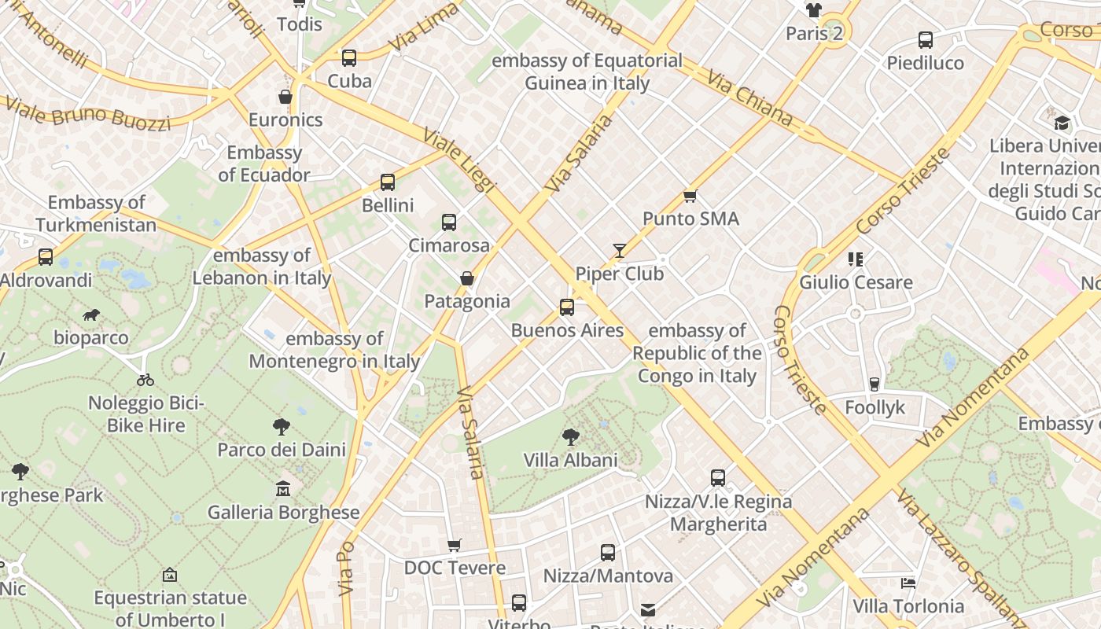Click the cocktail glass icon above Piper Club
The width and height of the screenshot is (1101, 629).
click(x=620, y=251)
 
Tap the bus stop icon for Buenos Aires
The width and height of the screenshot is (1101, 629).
click(x=567, y=307)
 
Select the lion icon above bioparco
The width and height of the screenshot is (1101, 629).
click(x=91, y=315)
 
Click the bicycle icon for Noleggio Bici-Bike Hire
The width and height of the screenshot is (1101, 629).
click(x=145, y=380)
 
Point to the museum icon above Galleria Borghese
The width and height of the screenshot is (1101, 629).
click(x=283, y=489)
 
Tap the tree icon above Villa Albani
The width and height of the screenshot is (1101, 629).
click(x=571, y=437)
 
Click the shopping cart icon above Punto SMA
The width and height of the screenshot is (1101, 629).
click(x=690, y=196)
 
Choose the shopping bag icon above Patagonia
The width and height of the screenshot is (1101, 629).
click(x=467, y=278)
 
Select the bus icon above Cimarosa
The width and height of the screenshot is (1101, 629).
click(x=449, y=223)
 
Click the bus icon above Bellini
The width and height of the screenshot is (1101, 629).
click(x=388, y=182)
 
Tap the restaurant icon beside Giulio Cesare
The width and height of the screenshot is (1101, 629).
click(x=856, y=259)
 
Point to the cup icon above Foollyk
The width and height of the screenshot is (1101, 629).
click(x=875, y=384)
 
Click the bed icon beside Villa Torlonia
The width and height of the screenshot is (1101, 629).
click(x=908, y=583)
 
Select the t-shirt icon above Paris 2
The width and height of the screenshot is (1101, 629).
click(x=814, y=10)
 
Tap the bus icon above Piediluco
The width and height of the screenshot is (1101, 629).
click(x=926, y=40)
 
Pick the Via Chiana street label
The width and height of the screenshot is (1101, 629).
click(x=749, y=98)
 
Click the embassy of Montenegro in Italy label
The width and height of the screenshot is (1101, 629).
click(x=334, y=350)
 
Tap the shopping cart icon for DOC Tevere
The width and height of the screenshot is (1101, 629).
click(x=455, y=545)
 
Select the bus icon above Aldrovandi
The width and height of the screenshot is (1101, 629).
click(x=46, y=257)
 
